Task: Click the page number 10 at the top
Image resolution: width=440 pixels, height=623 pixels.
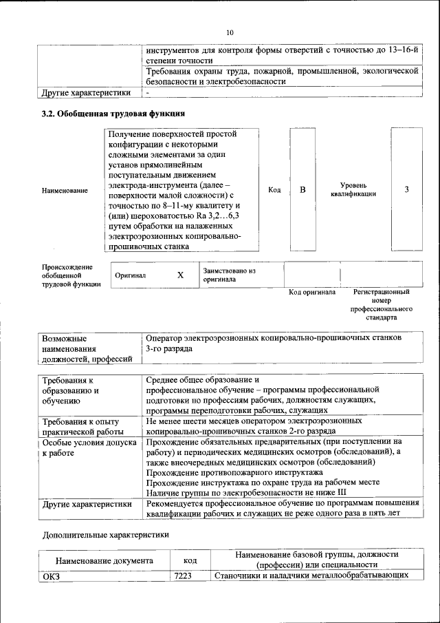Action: [x=230, y=32]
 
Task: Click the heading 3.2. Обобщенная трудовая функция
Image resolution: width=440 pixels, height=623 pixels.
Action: [x=113, y=114]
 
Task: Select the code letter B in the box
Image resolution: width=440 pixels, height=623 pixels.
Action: [x=302, y=190]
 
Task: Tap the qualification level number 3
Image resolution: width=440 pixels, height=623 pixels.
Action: [x=406, y=190]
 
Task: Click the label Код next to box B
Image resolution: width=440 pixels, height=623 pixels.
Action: [x=274, y=190]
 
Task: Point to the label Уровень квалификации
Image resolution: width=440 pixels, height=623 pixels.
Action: [x=357, y=190]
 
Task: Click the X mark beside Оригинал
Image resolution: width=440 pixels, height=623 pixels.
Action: [x=180, y=275]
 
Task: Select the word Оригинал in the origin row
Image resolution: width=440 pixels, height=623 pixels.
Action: [x=131, y=275]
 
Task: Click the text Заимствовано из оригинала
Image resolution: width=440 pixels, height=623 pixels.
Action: [x=229, y=275]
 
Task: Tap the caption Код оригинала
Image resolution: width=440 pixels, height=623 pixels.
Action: [x=311, y=293]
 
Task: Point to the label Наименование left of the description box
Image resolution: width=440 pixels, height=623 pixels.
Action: [x=65, y=190]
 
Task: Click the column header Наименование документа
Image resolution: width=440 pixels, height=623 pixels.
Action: [x=104, y=560]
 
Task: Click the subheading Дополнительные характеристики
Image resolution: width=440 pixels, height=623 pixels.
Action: [x=105, y=534]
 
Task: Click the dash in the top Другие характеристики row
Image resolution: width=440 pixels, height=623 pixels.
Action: [x=147, y=92]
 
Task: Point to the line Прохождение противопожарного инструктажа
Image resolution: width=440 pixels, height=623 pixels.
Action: [x=234, y=473]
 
